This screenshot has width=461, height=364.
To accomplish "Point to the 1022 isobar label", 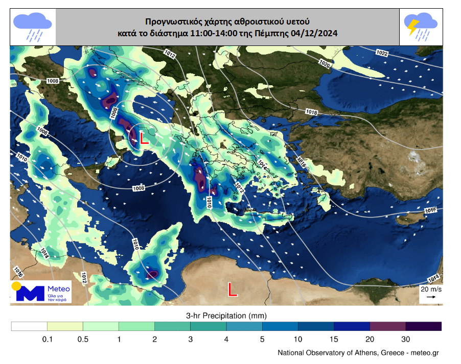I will point(382,53).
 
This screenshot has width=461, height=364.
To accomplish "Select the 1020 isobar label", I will point(324,63).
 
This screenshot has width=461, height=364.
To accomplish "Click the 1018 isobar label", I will point(311,112).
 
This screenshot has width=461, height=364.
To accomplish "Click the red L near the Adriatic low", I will point(144,139).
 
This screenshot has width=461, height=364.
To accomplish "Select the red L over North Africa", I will point(233,290).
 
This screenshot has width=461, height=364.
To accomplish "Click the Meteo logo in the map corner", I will point(41,292).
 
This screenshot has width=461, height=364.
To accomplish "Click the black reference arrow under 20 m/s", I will point(430,296).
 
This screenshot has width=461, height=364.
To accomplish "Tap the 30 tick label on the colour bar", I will point(405,339).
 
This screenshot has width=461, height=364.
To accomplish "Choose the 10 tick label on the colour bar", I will point(298,339).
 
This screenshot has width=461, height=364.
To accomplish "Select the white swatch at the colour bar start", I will point(29,326).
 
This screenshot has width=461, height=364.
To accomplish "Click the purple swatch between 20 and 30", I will point(387,326).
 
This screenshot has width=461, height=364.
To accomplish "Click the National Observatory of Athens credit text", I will point(358,353).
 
